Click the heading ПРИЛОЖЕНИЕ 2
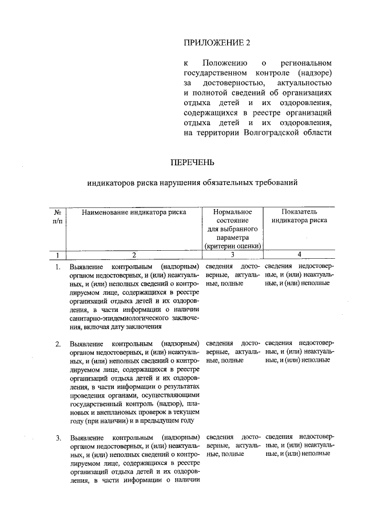click(217, 42)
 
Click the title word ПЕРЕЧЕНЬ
click(193, 162)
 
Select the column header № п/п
click(57, 216)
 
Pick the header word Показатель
click(299, 211)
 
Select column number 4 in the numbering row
click(299, 255)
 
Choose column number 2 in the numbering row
click(134, 255)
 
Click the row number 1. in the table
click(58, 267)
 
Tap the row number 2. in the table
click(58, 344)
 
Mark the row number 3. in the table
click(58, 438)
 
